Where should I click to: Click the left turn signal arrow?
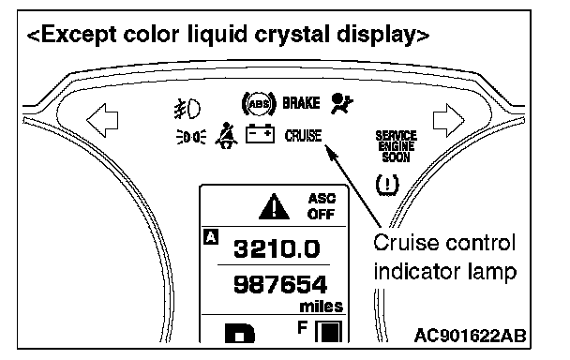point(102,120)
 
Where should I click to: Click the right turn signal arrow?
point(448,120)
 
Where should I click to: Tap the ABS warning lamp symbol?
point(259,104)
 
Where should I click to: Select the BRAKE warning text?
point(301,103)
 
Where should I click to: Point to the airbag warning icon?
point(341,104)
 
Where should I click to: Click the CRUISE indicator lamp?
point(304,136)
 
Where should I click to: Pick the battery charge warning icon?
point(260,133)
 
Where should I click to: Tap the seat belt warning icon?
point(226,135)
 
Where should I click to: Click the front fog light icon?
point(187,109)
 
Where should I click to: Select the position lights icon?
point(191,137)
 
